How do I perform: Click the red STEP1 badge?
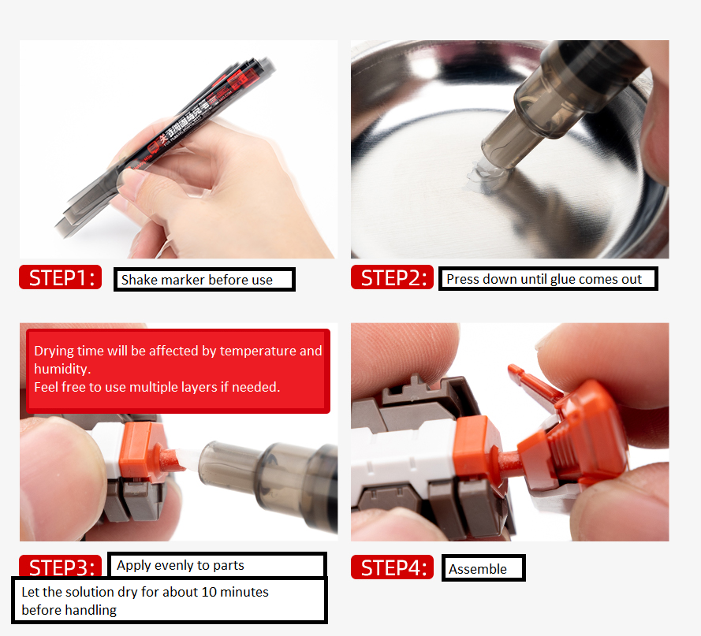[61, 277]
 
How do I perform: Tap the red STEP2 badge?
[392, 277]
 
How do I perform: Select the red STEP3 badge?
[61, 567]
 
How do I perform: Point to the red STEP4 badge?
[392, 567]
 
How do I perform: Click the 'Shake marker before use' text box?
[204, 280]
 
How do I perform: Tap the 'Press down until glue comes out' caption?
[547, 279]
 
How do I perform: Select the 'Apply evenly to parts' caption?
[216, 565]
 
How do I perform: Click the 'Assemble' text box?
[483, 568]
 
